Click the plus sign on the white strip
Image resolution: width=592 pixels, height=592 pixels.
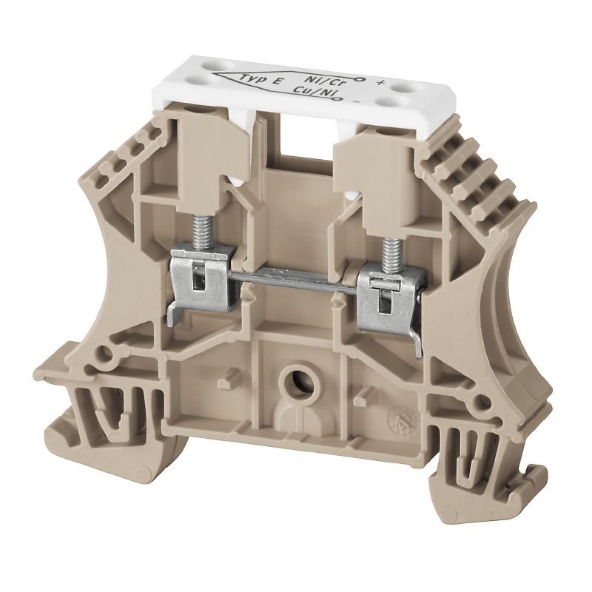(380, 81)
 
